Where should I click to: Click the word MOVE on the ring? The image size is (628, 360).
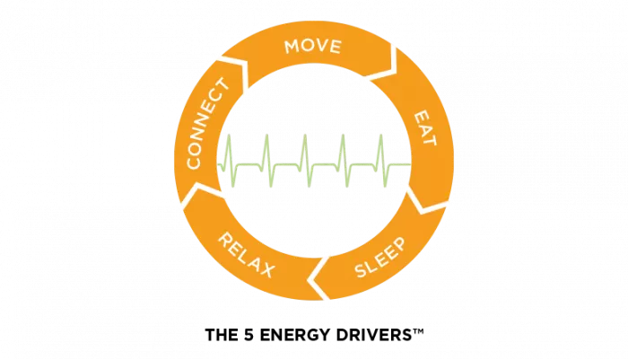[x=313, y=47]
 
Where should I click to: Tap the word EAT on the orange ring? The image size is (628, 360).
[x=424, y=128]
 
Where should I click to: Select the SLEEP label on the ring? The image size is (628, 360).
[x=380, y=257]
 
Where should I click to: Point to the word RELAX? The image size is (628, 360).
[x=247, y=255]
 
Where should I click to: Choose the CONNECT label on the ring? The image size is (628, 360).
[x=208, y=124]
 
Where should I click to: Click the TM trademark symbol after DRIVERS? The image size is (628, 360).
[x=418, y=331]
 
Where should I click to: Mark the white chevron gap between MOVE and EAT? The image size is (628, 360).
[x=388, y=66]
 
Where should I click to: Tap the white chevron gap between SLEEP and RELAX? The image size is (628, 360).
[x=319, y=277]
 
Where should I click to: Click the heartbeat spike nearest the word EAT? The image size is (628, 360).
[x=382, y=161]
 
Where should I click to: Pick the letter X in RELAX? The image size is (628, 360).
[x=267, y=270]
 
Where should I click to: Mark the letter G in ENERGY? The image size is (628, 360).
[x=306, y=335]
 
